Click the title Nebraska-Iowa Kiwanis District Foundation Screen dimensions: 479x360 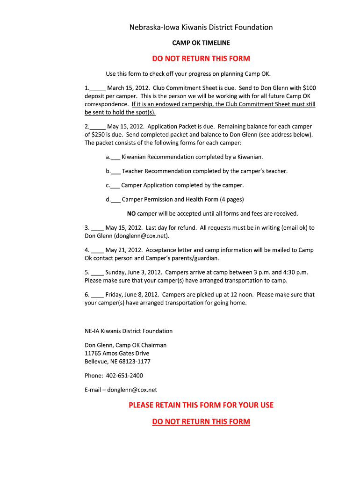point(201,27)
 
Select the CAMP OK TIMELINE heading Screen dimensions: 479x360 point(201,43)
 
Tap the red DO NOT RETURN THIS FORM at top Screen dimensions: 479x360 point(201,58)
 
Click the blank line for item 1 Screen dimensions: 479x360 point(98,88)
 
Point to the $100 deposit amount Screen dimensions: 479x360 point(310,88)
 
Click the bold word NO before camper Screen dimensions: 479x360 point(131,214)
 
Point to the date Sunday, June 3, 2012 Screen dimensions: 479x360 point(134,272)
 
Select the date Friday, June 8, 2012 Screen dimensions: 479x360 point(132,295)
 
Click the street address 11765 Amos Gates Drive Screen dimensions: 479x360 point(117,354)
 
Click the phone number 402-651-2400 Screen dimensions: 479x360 point(124,376)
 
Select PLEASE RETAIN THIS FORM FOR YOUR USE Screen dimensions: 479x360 point(201,405)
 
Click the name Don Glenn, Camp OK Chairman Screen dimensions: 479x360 point(125,345)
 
